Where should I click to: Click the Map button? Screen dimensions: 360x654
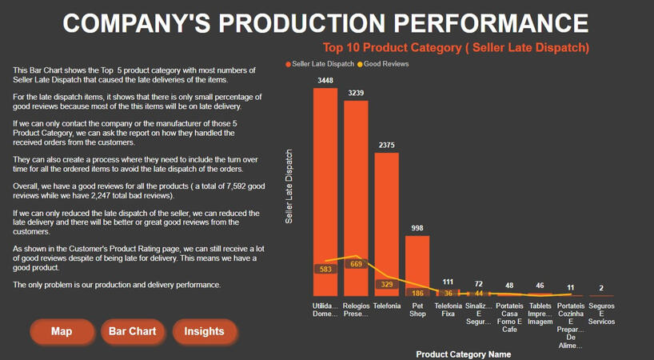tap(62, 331)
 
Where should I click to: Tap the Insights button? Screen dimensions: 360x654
tap(204, 331)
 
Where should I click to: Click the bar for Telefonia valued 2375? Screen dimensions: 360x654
tap(386, 216)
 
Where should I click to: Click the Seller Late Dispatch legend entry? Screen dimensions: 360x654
tap(319, 64)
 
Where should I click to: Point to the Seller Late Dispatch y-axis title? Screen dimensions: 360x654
tap(289, 186)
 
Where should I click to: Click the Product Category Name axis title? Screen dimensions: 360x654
tap(463, 354)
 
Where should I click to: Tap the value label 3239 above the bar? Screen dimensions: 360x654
tap(356, 93)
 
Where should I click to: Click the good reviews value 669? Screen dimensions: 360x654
tap(356, 264)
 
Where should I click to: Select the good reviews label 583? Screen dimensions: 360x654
tap(325, 270)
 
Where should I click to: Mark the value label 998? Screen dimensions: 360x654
tap(417, 229)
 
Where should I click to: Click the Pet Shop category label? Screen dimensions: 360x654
tap(417, 310)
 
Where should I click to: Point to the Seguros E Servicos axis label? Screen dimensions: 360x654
tap(601, 314)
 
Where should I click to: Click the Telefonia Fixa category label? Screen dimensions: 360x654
tap(448, 310)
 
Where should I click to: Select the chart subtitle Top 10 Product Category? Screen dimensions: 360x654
tap(455, 47)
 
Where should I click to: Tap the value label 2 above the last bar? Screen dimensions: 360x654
tap(601, 288)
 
